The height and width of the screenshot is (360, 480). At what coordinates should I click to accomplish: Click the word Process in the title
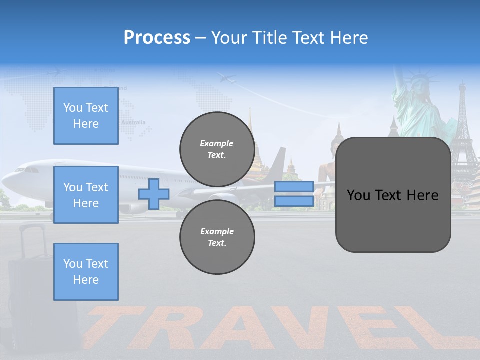157,38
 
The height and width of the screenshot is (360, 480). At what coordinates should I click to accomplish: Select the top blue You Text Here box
86,116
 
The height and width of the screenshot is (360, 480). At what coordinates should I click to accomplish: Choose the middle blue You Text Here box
86,195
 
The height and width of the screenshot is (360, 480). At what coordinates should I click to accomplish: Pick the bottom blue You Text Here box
86,271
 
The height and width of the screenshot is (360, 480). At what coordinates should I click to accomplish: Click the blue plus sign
154,194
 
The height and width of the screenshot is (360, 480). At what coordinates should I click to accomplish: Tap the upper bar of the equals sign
294,187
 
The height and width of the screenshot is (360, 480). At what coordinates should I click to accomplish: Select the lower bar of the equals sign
294,201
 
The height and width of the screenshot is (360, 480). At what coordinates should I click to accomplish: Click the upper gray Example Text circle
217,149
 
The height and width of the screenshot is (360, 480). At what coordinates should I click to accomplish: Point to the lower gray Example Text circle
217,237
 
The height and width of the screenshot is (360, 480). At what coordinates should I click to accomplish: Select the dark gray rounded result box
393,195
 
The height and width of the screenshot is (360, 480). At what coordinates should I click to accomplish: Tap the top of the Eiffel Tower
462,87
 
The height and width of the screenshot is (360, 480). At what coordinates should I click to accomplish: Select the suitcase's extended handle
32,235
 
